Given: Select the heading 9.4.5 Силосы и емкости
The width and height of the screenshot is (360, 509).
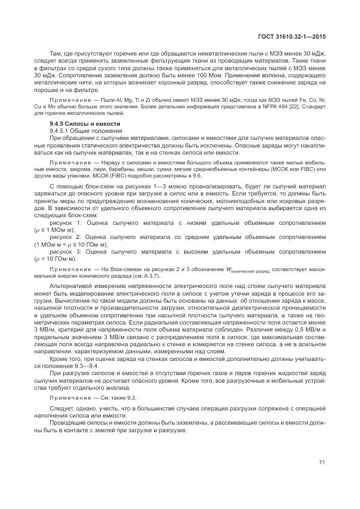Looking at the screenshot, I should pos(81,125).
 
